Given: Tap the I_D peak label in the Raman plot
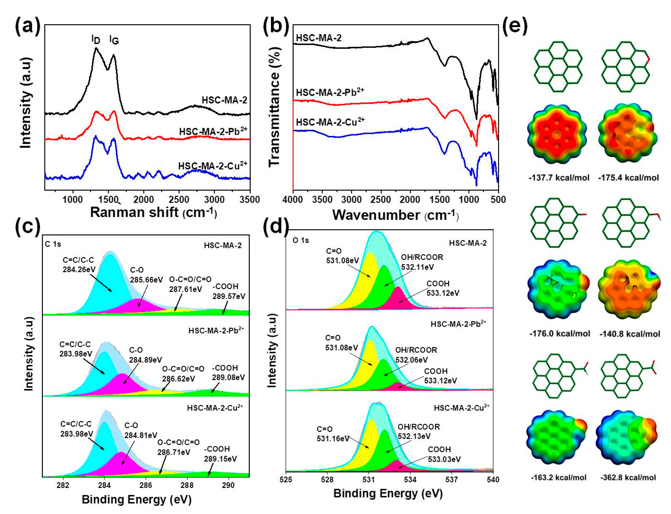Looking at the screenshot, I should [x=96, y=39].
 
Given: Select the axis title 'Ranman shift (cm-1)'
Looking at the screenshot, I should [x=153, y=212].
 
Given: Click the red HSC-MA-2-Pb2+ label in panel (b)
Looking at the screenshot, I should [x=330, y=92].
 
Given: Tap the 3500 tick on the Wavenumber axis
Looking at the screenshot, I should [x=322, y=199].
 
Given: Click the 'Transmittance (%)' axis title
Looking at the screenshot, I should [x=274, y=107].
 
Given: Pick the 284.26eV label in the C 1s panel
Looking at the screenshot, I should [x=79, y=269].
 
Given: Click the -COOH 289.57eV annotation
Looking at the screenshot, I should [x=229, y=291].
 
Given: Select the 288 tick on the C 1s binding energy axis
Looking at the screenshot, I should [x=187, y=485].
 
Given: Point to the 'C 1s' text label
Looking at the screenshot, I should [x=53, y=244].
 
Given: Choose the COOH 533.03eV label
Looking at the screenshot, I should [x=444, y=454].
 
